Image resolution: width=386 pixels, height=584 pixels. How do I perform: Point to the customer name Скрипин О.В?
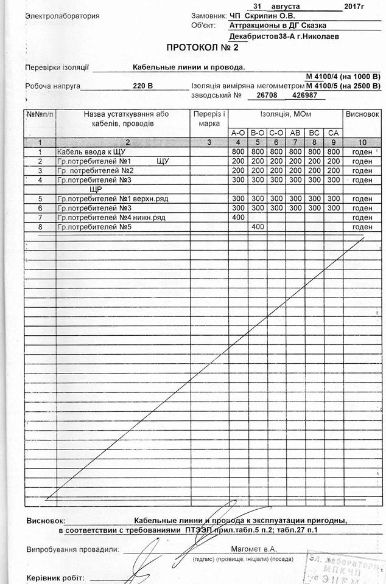click(269, 16)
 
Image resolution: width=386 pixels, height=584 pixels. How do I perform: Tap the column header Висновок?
click(362, 114)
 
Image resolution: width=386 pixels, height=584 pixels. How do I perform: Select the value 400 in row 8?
click(257, 227)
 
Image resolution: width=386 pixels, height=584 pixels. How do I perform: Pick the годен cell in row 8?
click(362, 227)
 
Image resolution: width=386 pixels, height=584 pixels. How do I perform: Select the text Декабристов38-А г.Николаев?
click(284, 36)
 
